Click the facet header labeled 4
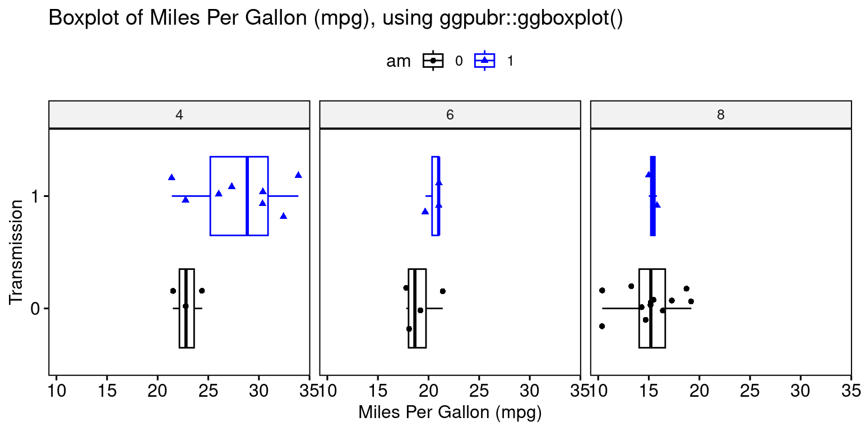pos(179,115)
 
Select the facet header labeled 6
pos(450,115)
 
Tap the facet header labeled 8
pos(721,115)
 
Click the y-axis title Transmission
pos(16,252)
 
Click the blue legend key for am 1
pos(484,61)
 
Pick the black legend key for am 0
pos(433,61)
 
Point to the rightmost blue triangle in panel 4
pos(298,175)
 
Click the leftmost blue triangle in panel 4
pos(172,177)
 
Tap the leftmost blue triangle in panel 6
pos(425,212)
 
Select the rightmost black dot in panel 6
pos(443,291)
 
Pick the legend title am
pos(399,61)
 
